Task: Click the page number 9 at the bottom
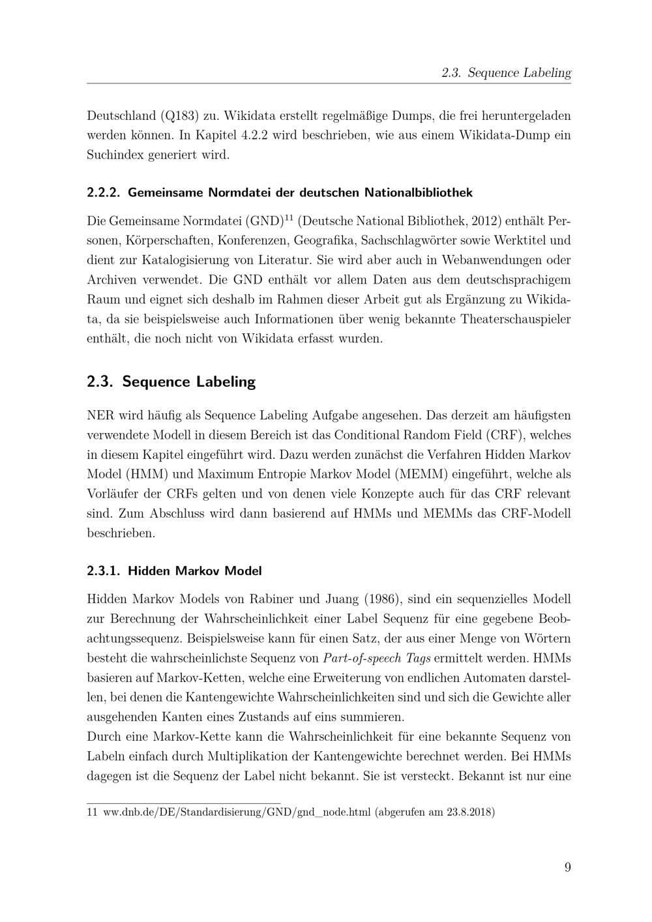point(567,867)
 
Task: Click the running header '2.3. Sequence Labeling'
point(506,73)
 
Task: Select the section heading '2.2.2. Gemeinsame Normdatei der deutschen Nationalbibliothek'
point(280,192)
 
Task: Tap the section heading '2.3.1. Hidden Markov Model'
point(174,571)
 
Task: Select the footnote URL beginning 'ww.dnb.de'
point(237,812)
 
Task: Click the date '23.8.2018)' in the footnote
point(471,812)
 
